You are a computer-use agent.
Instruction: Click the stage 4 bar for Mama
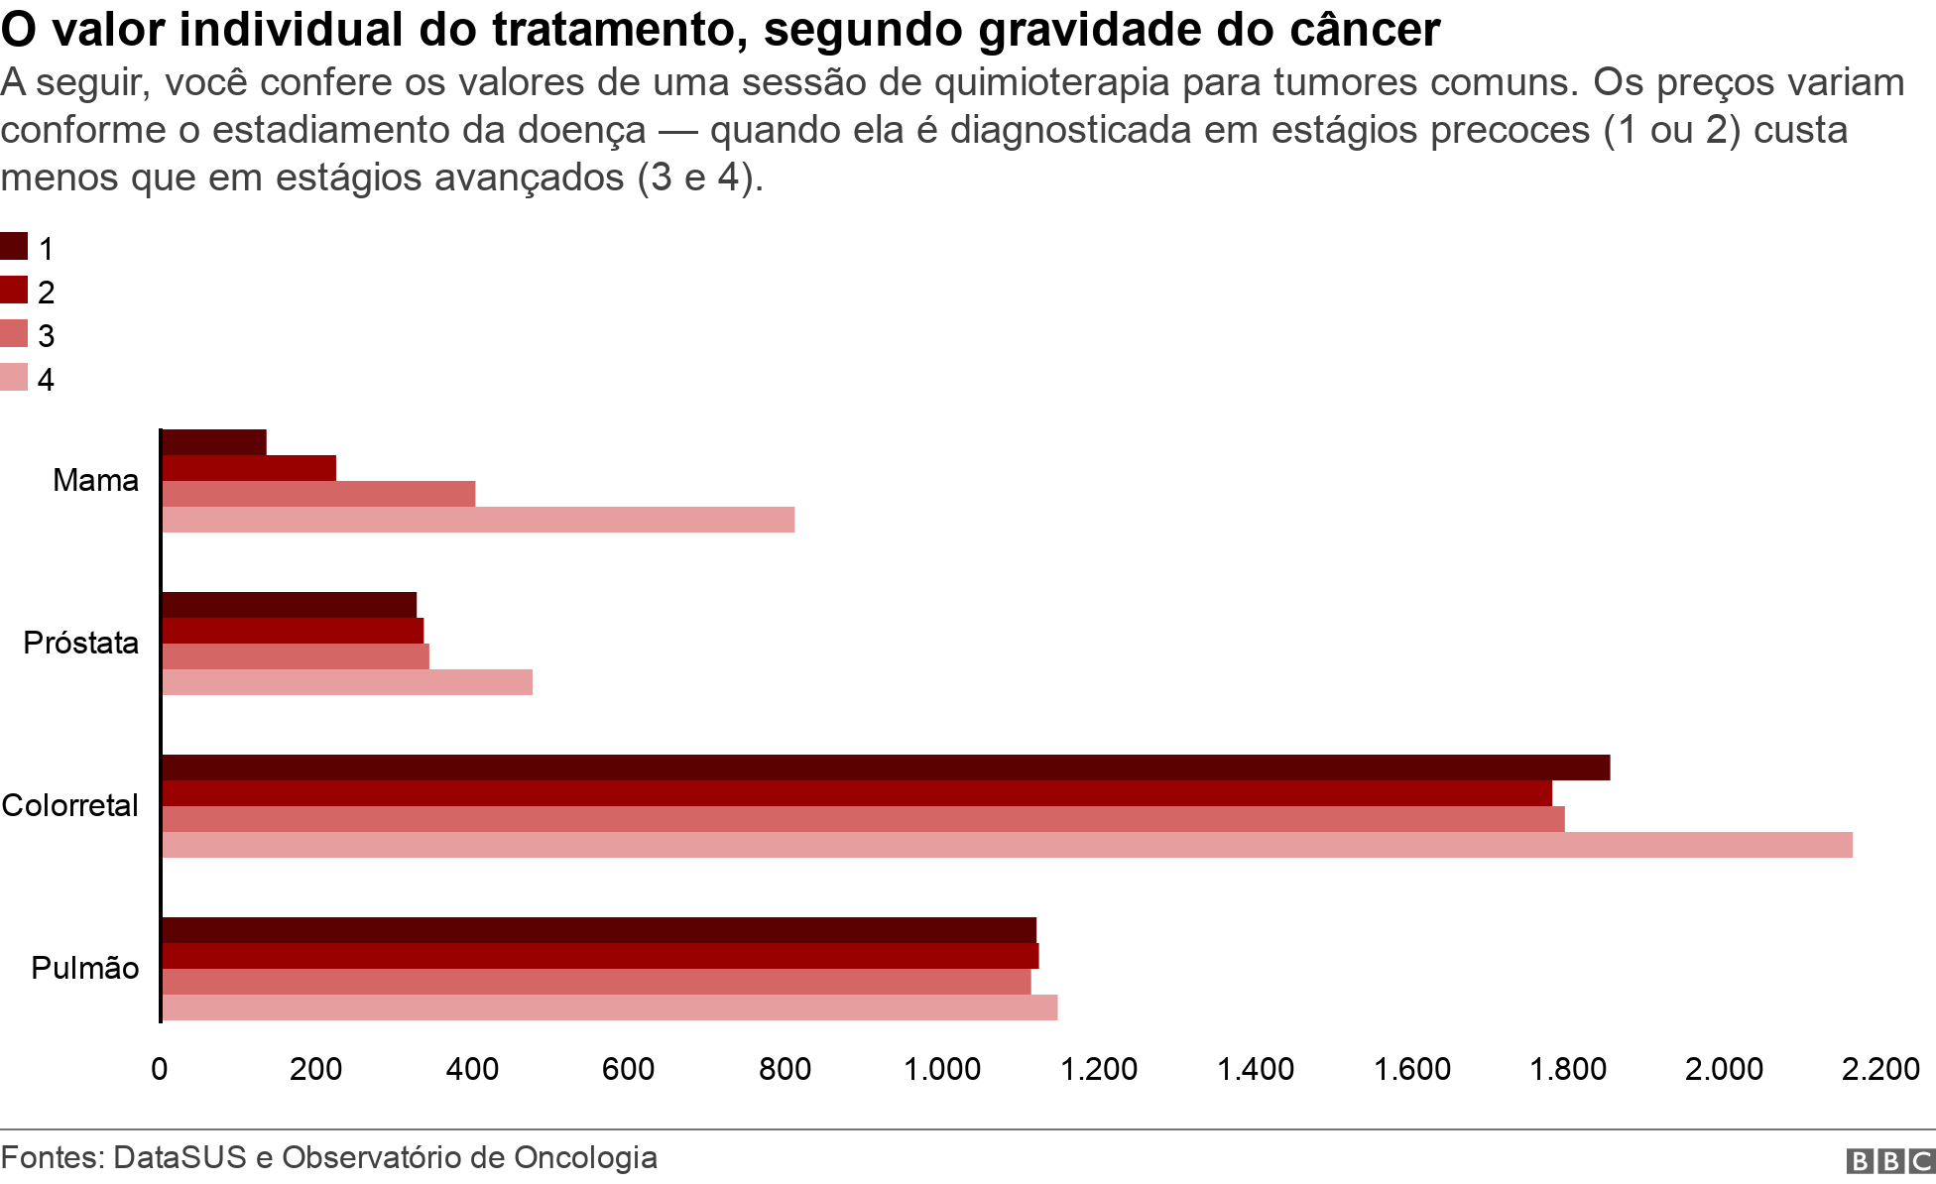(x=478, y=520)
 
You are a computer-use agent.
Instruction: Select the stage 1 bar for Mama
(x=214, y=442)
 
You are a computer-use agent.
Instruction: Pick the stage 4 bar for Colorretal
(x=1007, y=845)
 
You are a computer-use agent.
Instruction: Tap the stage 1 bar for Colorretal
(x=886, y=768)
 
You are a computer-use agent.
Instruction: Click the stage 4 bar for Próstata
(x=347, y=682)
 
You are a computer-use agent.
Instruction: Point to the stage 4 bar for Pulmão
(x=609, y=1007)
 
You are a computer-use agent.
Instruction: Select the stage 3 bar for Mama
(x=318, y=494)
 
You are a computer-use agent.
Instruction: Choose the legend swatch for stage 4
(x=14, y=378)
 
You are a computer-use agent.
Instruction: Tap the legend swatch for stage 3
(x=14, y=334)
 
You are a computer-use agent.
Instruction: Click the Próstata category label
(x=81, y=643)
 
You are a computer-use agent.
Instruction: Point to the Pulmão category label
(x=85, y=968)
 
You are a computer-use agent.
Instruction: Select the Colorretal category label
(x=70, y=805)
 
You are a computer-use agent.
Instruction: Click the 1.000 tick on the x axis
(x=942, y=1069)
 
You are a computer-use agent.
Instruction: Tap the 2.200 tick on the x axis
(x=1880, y=1069)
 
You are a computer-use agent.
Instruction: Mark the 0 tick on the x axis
(x=160, y=1069)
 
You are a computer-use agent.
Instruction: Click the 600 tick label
(x=629, y=1069)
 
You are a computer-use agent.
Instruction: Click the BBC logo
(x=1889, y=1161)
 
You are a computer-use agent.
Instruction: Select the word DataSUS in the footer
(x=180, y=1157)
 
